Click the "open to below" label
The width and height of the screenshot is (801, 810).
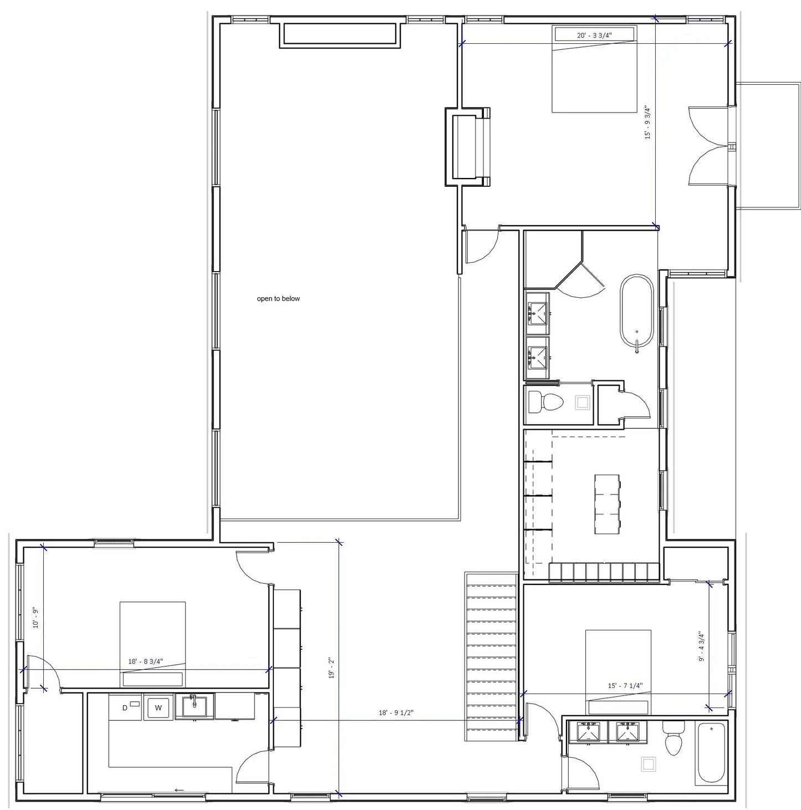click(x=278, y=298)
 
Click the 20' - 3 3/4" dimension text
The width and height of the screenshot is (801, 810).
click(x=594, y=35)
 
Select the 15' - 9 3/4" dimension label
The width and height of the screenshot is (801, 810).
click(x=648, y=123)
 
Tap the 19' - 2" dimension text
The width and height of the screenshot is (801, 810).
click(x=331, y=668)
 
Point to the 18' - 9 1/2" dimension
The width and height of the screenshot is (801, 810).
click(x=396, y=712)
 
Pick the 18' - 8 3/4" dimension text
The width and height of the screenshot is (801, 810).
click(x=145, y=661)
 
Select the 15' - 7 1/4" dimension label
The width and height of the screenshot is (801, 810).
click(x=625, y=686)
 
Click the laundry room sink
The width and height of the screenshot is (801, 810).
click(x=194, y=706)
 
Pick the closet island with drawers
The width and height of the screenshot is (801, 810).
click(x=607, y=504)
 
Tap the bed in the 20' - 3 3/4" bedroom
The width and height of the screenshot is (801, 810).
click(x=594, y=69)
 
